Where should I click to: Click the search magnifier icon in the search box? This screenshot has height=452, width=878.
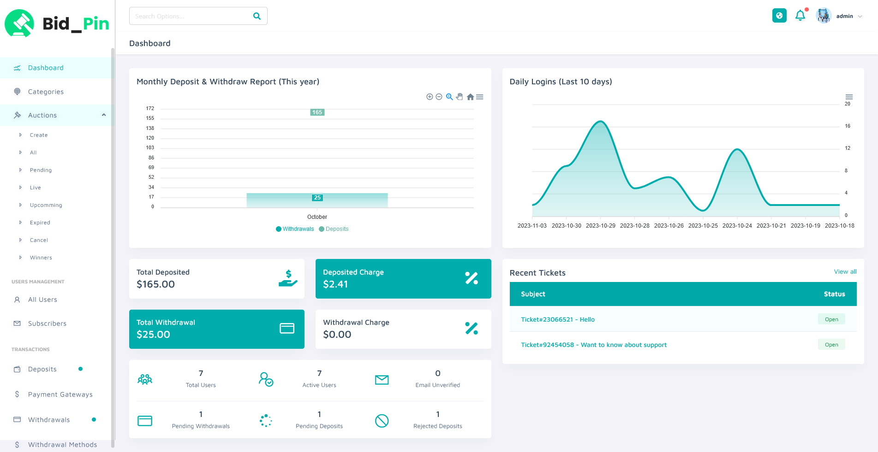point(257,16)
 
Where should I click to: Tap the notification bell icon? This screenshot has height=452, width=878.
point(800,16)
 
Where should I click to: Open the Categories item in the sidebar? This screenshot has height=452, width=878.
point(46,92)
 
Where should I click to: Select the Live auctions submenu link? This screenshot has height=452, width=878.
point(36,188)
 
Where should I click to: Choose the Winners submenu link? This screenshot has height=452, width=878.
point(41,258)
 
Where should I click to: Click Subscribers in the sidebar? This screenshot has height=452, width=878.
point(47,323)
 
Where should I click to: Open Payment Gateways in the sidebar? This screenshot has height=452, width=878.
point(60,394)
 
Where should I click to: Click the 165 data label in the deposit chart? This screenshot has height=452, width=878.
point(317,112)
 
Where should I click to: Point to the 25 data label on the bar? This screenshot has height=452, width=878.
point(317,198)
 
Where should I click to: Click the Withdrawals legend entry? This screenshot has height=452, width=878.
point(298,229)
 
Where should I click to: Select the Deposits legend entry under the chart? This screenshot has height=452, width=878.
point(337,229)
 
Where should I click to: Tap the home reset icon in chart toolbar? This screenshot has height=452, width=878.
point(470,97)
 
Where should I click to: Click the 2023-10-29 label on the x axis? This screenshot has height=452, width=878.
point(600,226)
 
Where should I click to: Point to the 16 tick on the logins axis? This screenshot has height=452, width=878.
point(848,126)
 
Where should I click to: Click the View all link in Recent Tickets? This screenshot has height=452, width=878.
point(845,272)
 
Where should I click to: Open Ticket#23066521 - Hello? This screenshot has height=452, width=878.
point(557,319)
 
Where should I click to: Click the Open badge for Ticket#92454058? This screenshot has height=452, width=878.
point(831,345)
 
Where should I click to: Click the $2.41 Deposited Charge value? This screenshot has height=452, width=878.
point(335,284)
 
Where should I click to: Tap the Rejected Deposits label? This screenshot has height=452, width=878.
point(437,426)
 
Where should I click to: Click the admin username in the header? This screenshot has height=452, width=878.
point(844,16)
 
